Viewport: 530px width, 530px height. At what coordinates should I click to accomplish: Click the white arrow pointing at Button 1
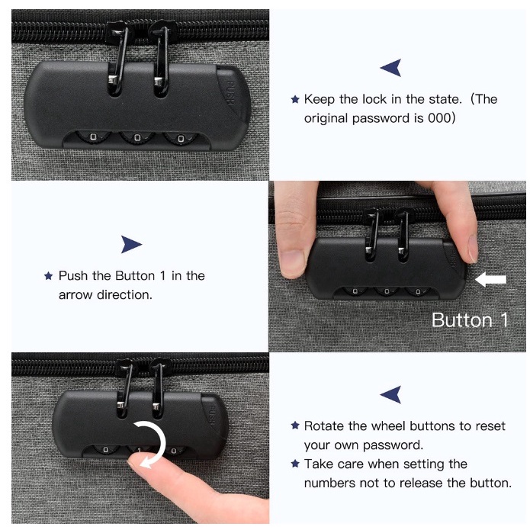pyautogui.click(x=490, y=280)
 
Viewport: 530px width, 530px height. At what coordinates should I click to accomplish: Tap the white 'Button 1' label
pyautogui.click(x=470, y=320)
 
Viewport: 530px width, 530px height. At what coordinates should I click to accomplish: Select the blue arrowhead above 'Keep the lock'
pyautogui.click(x=391, y=68)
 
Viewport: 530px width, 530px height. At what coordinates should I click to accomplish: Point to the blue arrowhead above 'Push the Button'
pyautogui.click(x=131, y=244)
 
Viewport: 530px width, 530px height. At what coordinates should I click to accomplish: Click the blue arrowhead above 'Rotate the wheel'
pyautogui.click(x=391, y=394)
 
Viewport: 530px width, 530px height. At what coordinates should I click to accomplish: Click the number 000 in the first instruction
pyautogui.click(x=438, y=118)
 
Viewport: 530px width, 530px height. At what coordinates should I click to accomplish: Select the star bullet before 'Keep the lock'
pyautogui.click(x=295, y=99)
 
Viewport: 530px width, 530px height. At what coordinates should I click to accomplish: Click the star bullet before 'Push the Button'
pyautogui.click(x=49, y=276)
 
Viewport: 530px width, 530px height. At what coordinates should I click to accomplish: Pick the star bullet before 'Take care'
pyautogui.click(x=295, y=464)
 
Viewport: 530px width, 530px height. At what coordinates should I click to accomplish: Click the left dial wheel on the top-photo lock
pyautogui.click(x=93, y=137)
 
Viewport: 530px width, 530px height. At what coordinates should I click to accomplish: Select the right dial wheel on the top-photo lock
pyautogui.click(x=181, y=138)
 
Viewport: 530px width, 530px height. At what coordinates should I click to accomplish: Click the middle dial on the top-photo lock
pyautogui.click(x=137, y=137)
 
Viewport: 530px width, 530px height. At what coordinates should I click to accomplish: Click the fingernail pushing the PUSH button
pyautogui.click(x=472, y=249)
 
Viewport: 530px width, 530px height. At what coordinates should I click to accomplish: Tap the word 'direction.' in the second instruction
pyautogui.click(x=124, y=295)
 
